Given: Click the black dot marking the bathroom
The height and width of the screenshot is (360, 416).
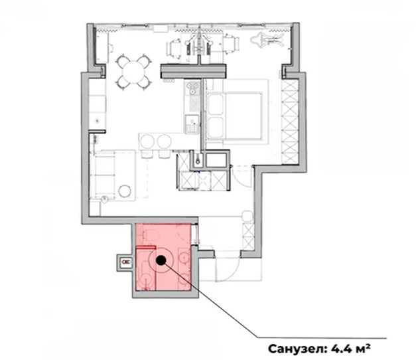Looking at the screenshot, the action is [x=161, y=260].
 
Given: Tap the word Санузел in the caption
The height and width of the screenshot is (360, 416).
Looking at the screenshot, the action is [x=297, y=349].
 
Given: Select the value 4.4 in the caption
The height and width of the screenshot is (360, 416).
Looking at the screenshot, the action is [x=341, y=349].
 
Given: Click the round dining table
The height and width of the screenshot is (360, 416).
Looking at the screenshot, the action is [x=134, y=72].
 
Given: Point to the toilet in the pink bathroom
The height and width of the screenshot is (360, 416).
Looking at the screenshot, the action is [x=151, y=235].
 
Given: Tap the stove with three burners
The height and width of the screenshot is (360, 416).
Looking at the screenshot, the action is [x=193, y=88].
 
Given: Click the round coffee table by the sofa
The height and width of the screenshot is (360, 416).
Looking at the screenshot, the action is [x=125, y=191].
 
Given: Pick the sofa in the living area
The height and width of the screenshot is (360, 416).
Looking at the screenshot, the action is [x=103, y=174].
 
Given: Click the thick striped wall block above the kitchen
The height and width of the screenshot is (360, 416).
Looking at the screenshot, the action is [x=193, y=71].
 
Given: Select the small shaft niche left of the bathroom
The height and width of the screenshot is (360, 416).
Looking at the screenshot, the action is [x=125, y=262].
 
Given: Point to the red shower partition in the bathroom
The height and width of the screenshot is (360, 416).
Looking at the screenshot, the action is [x=145, y=248].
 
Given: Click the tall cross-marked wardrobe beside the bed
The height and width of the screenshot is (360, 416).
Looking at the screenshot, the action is [x=290, y=122].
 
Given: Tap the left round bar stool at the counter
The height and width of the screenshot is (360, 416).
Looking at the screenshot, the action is [x=147, y=141].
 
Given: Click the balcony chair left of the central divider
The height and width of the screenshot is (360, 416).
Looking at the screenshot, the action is [x=174, y=48].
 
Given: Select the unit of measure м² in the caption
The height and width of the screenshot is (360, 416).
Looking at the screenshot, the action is [x=363, y=348].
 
